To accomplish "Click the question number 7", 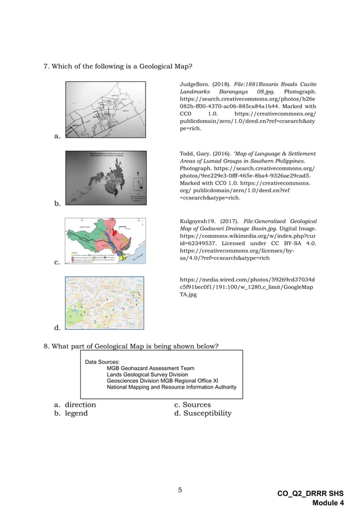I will [x=47, y=67].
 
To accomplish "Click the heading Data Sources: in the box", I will [x=102, y=361].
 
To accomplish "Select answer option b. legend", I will [x=71, y=413].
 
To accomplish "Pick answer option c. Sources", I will [x=192, y=405].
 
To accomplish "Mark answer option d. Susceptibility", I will [x=203, y=413].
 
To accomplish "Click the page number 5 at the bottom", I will [x=180, y=490].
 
